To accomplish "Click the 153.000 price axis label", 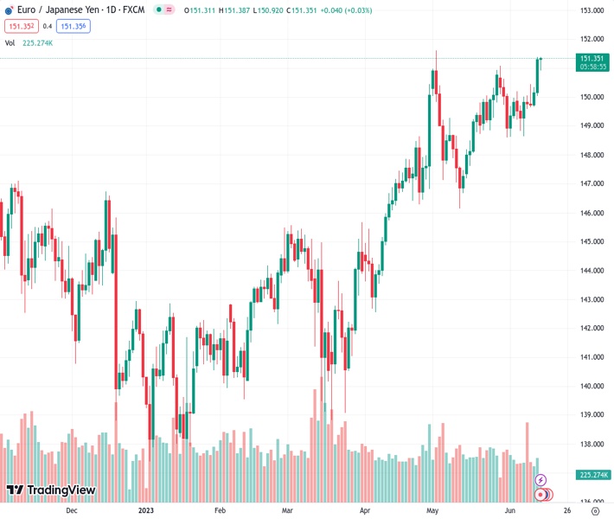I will pyautogui.click(x=592, y=10).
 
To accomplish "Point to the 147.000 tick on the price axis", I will pyautogui.click(x=592, y=183).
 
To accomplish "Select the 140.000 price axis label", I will pyautogui.click(x=592, y=386).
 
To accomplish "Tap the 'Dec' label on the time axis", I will pyautogui.click(x=72, y=510).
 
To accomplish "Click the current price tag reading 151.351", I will pyautogui.click(x=592, y=58).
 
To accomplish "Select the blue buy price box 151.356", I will pyautogui.click(x=73, y=26).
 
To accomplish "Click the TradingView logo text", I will pyautogui.click(x=51, y=490).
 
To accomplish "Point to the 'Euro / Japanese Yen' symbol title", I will pyautogui.click(x=52, y=10).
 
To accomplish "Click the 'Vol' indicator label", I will pyautogui.click(x=10, y=42).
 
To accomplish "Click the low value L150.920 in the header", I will pyautogui.click(x=269, y=10).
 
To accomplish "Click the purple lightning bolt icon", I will pyautogui.click(x=541, y=480).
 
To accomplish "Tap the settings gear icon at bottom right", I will pyautogui.click(x=594, y=510).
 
